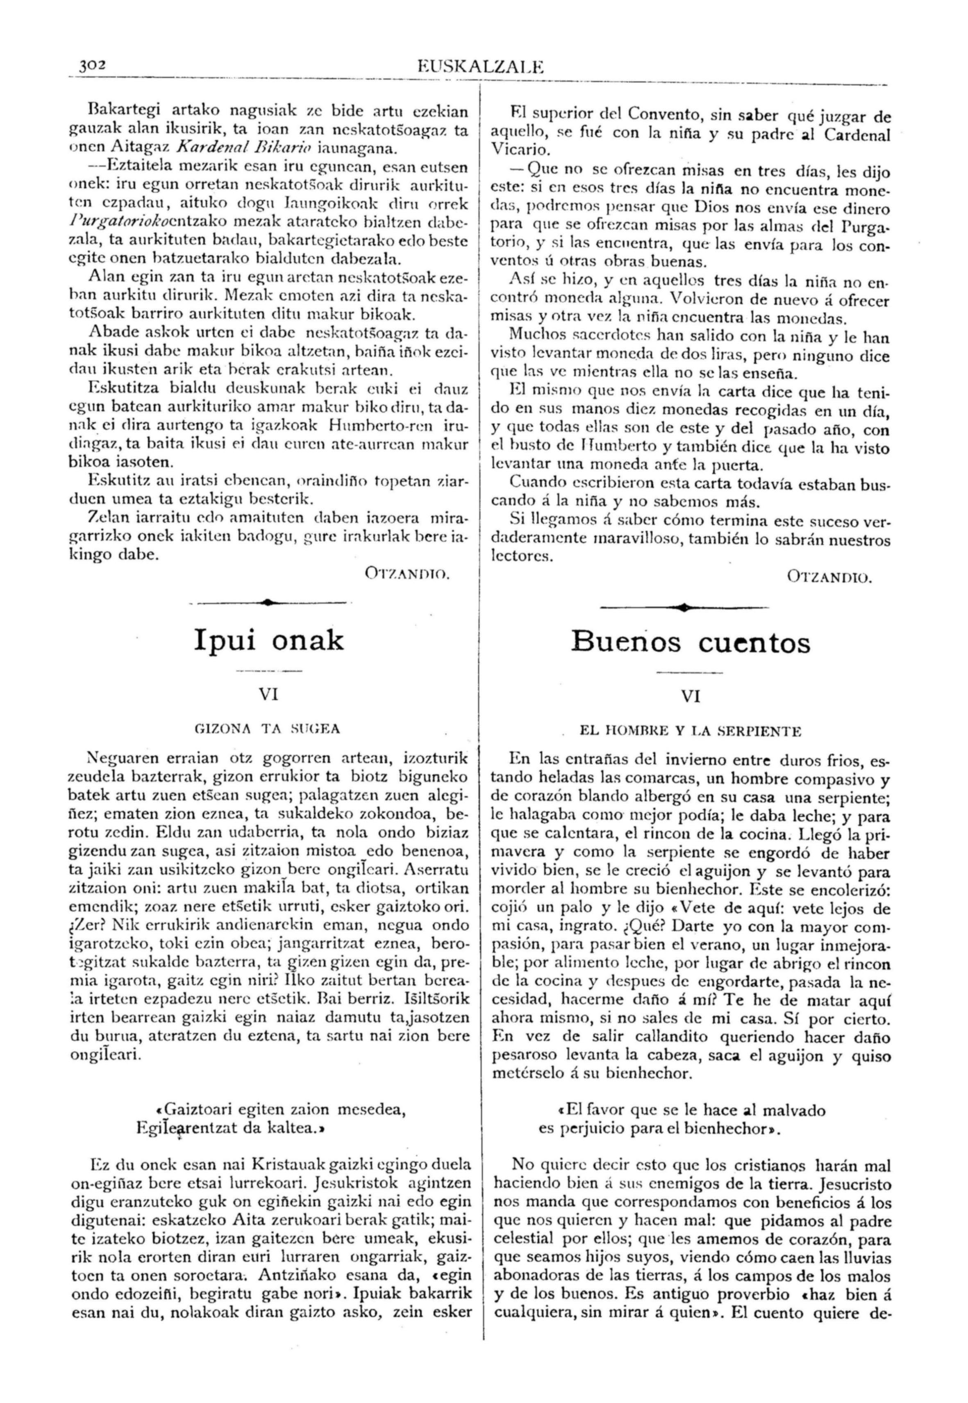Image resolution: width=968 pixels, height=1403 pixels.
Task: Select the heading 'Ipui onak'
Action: click(x=269, y=640)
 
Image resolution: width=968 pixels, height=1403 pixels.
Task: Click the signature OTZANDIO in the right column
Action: click(x=830, y=577)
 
